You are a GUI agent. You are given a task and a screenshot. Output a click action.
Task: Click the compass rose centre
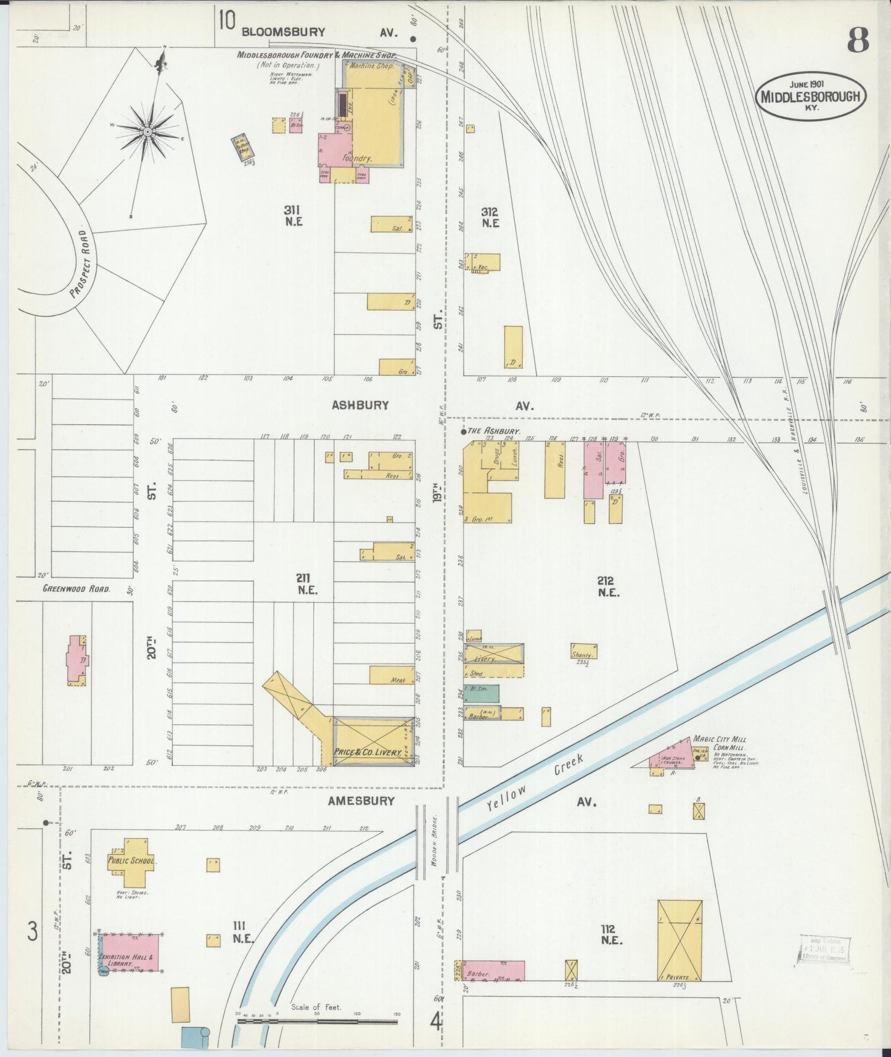click(149, 132)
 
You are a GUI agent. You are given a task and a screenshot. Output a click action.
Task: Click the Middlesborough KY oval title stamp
click(811, 96)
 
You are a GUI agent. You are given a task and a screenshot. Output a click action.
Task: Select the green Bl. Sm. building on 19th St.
click(482, 693)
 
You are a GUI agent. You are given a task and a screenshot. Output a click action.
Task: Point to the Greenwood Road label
click(76, 589)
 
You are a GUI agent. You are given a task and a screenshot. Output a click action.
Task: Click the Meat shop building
click(391, 675)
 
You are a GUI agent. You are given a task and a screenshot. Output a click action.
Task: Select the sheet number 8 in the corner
click(857, 41)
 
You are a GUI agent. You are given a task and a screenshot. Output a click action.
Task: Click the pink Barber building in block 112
click(493, 970)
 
